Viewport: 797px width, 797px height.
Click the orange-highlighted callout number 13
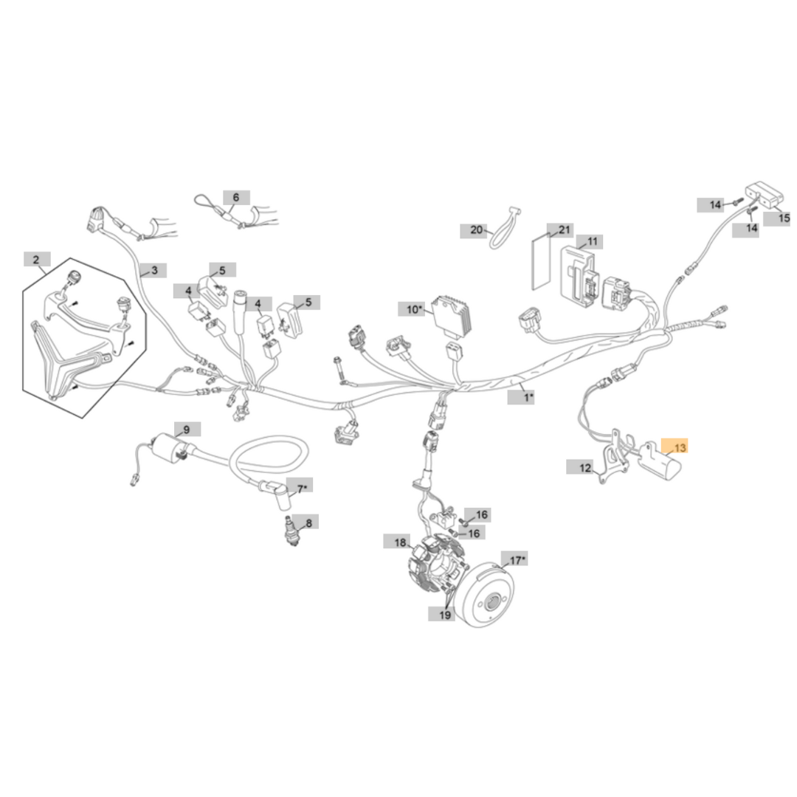677,447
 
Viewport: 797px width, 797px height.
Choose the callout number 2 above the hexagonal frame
37,259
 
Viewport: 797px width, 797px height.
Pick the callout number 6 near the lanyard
236,198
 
